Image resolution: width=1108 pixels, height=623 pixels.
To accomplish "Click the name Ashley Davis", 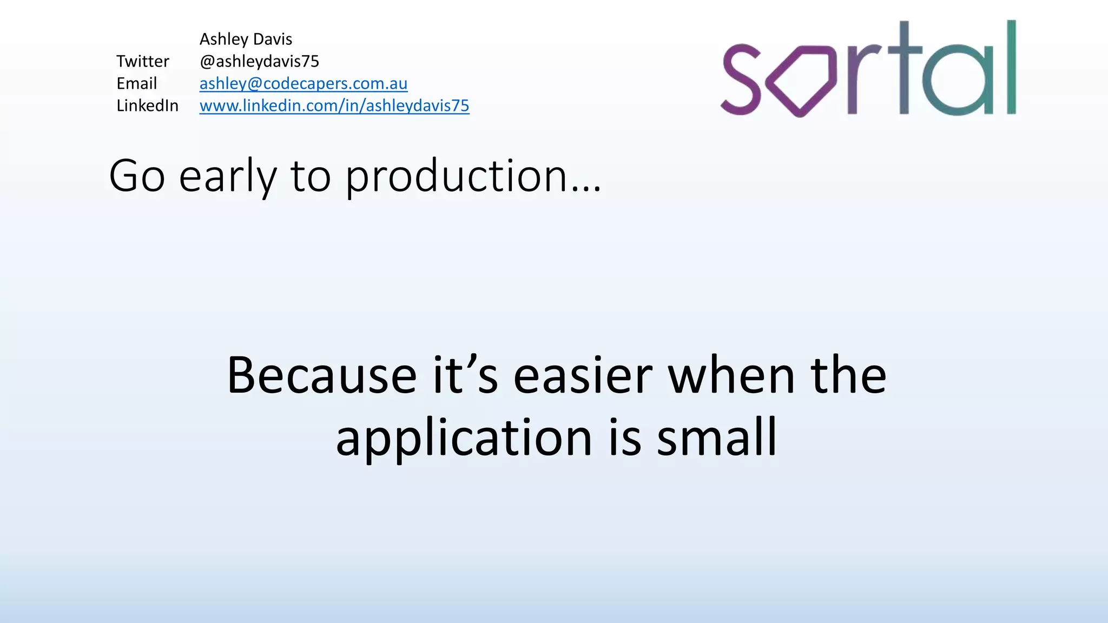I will coord(246,39).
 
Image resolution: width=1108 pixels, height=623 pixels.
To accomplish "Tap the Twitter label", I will coord(143,61).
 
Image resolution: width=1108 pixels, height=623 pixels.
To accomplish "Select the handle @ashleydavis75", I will coord(259,61).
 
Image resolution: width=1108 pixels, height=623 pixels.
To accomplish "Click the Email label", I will coord(136,83).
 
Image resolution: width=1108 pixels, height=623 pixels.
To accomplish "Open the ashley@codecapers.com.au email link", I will coord(303,83).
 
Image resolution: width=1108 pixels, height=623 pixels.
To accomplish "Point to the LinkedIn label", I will coord(147,105).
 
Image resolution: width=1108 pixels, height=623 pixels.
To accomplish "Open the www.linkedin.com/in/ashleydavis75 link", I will coord(334,105).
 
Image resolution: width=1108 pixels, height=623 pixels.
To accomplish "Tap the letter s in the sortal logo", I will coord(742,80).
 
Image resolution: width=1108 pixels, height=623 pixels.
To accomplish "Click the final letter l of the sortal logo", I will coord(1011,68).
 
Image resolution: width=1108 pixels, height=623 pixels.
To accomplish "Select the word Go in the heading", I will coord(137,176).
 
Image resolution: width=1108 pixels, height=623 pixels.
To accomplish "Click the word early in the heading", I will coord(227,177).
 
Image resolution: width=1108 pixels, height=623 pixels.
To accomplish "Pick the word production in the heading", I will coord(456,177).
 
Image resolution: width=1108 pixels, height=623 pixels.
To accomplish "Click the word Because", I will coord(321,375).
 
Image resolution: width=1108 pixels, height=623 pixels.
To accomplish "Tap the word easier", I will coord(583,375).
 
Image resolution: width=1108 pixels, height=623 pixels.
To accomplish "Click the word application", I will coord(464,438).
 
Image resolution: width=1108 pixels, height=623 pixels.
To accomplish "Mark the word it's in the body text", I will coord(465,375).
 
